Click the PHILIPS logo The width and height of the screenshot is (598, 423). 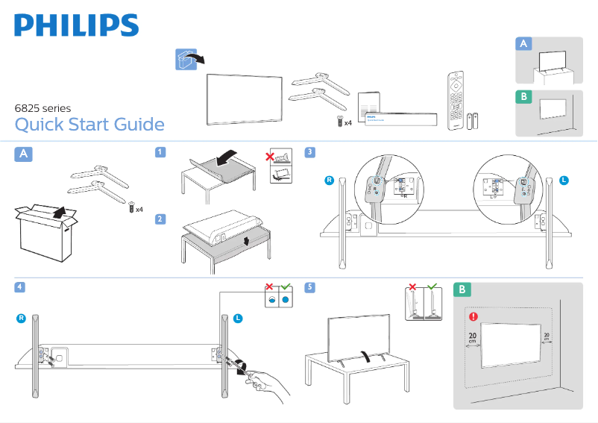pos(76,25)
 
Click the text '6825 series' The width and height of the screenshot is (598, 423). pos(43,108)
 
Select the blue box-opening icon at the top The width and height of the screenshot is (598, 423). pos(186,60)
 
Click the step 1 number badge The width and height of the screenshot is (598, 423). pos(160,153)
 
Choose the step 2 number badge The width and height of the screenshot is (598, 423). pos(160,219)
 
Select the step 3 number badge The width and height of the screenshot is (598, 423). pos(310,153)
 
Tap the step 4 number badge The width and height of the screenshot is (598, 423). pos(21,287)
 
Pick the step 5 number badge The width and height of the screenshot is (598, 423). pos(310,287)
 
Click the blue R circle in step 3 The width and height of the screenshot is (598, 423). pos(328,181)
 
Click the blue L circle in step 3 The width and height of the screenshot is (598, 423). pos(564,181)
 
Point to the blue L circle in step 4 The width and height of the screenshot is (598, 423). pos(238,319)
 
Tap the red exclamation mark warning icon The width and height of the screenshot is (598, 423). pos(473,316)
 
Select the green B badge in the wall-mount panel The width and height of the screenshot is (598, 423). pos(463,289)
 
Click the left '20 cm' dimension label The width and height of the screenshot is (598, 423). pos(472,338)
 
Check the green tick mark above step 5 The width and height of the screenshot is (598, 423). pos(432,287)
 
